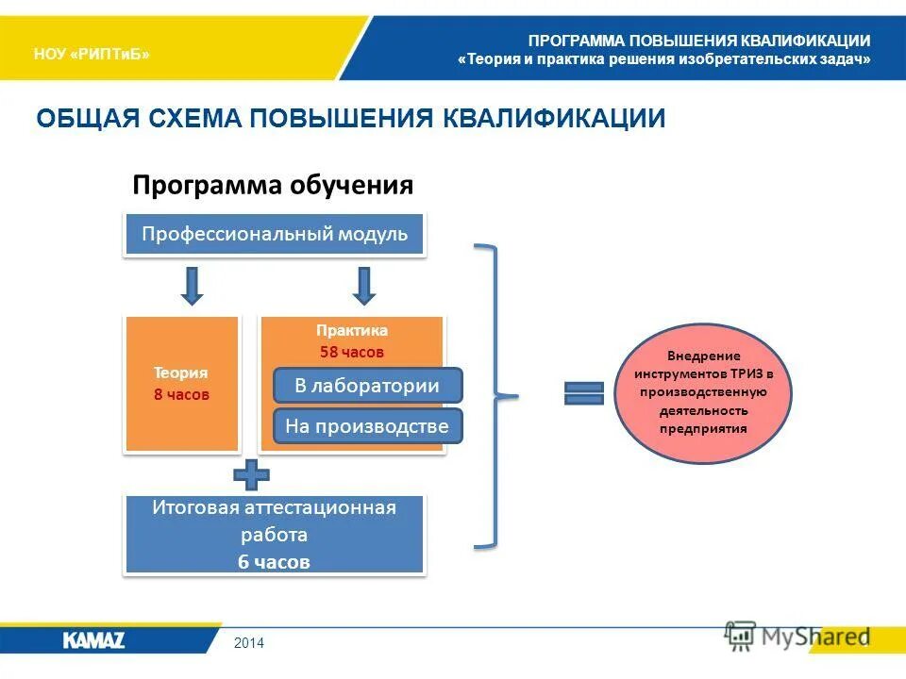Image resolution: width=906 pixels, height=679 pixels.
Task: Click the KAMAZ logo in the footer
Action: point(94,640)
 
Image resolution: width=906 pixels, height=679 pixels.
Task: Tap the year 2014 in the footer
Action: point(250,643)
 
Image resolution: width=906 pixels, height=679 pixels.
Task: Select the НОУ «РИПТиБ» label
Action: point(92,54)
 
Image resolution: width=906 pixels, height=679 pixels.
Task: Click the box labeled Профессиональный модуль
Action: point(275,235)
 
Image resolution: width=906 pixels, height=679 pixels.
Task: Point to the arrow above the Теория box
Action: point(192,286)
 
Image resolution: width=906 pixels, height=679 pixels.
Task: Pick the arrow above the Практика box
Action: point(363,286)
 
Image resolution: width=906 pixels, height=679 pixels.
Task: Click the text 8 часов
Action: point(181,394)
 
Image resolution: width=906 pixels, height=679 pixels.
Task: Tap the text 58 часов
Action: point(352,352)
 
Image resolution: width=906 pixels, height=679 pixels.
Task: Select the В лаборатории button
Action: point(367,385)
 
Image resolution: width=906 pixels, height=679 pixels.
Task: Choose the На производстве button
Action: point(367,426)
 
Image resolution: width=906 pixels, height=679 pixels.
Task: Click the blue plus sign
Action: point(251,475)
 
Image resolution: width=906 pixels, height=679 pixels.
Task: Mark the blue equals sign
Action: point(583,393)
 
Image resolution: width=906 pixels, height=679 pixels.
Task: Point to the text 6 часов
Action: point(274,562)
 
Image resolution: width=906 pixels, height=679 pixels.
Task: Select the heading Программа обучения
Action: point(273,184)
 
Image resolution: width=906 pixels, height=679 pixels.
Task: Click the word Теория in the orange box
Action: point(181,373)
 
